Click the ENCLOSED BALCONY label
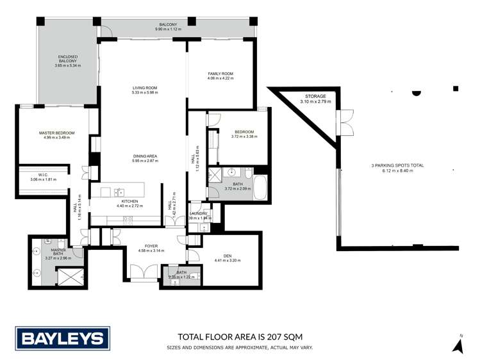68,60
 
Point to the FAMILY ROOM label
220,74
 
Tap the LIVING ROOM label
144,88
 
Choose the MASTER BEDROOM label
57,133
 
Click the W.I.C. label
43,174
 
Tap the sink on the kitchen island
119,192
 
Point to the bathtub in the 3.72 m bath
260,190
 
